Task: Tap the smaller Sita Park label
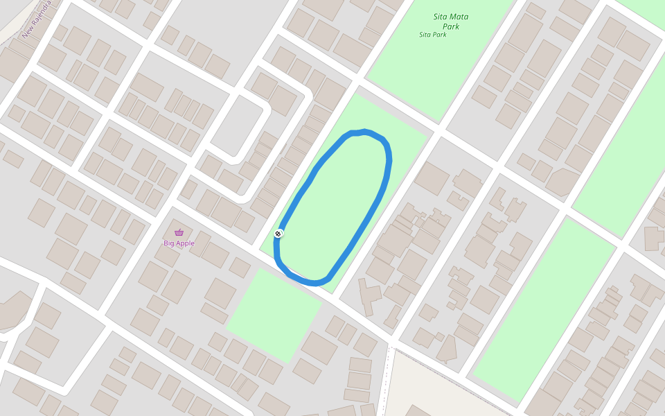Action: (x=433, y=35)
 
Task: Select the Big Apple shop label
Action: (x=179, y=243)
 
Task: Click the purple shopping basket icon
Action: (x=179, y=232)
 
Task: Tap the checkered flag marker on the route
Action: (x=278, y=234)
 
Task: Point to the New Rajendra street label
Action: (x=36, y=19)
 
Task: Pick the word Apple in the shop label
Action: (x=184, y=243)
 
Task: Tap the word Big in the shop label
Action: (x=168, y=243)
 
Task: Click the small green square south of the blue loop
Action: (x=274, y=315)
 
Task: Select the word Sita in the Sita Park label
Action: (x=425, y=35)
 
